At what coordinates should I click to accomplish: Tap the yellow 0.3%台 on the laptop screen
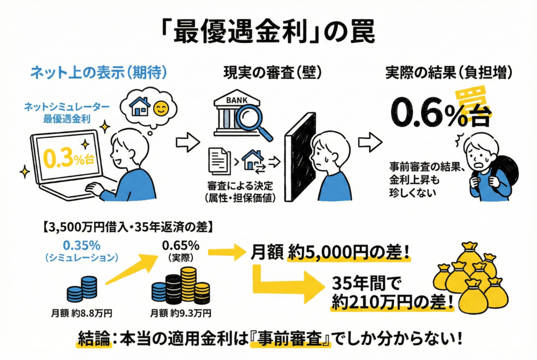click(63, 157)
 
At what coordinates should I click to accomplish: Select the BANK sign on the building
click(234, 99)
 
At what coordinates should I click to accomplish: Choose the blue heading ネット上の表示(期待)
click(98, 72)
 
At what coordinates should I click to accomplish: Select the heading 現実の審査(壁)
click(265, 72)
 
